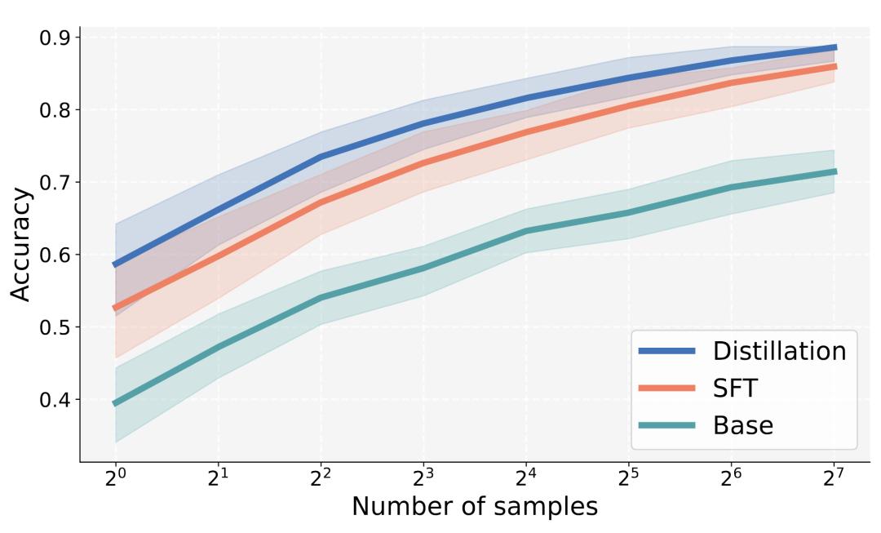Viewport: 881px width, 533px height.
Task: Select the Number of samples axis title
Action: pos(474,507)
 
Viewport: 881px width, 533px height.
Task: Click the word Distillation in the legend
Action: pos(779,351)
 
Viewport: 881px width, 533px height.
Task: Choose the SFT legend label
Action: pos(736,388)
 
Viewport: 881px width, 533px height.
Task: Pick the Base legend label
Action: pos(742,424)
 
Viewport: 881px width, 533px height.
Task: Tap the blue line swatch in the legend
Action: pos(666,351)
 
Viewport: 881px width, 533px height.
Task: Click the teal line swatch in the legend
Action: pos(666,424)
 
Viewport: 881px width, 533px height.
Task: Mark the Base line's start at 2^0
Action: pos(115,403)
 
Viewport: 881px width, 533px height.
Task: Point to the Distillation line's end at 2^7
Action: pos(835,47)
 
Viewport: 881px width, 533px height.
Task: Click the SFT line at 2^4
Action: pos(526,131)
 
